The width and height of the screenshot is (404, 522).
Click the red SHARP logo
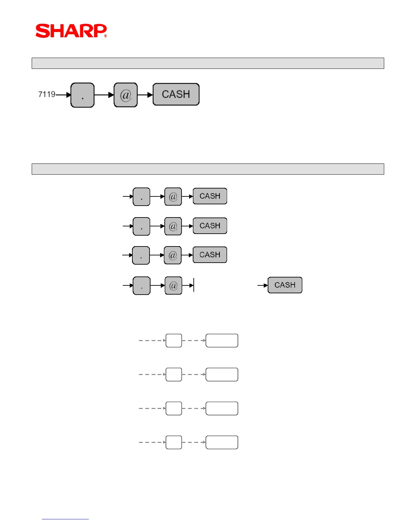71,31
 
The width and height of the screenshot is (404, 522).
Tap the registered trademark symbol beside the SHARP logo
106,36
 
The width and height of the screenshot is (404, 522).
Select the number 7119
47,95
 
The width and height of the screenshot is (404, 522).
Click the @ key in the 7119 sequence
125,95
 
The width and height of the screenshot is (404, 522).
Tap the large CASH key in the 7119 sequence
176,94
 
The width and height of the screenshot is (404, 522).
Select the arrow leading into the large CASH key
145,95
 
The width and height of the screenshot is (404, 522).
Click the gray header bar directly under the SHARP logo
208,63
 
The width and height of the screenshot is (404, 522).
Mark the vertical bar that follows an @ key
194,285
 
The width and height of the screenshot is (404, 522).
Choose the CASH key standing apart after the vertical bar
285,285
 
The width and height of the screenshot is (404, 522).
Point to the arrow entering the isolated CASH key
263,285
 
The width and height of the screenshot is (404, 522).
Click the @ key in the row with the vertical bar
173,285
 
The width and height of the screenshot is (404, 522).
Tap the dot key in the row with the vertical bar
142,285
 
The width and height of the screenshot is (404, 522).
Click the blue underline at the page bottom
65,519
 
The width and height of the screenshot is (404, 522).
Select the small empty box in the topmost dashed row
174,340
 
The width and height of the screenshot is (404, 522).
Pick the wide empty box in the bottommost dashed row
222,442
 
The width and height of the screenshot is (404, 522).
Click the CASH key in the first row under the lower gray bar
210,196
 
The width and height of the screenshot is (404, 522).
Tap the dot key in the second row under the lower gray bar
141,226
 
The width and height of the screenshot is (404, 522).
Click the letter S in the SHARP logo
42,31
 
